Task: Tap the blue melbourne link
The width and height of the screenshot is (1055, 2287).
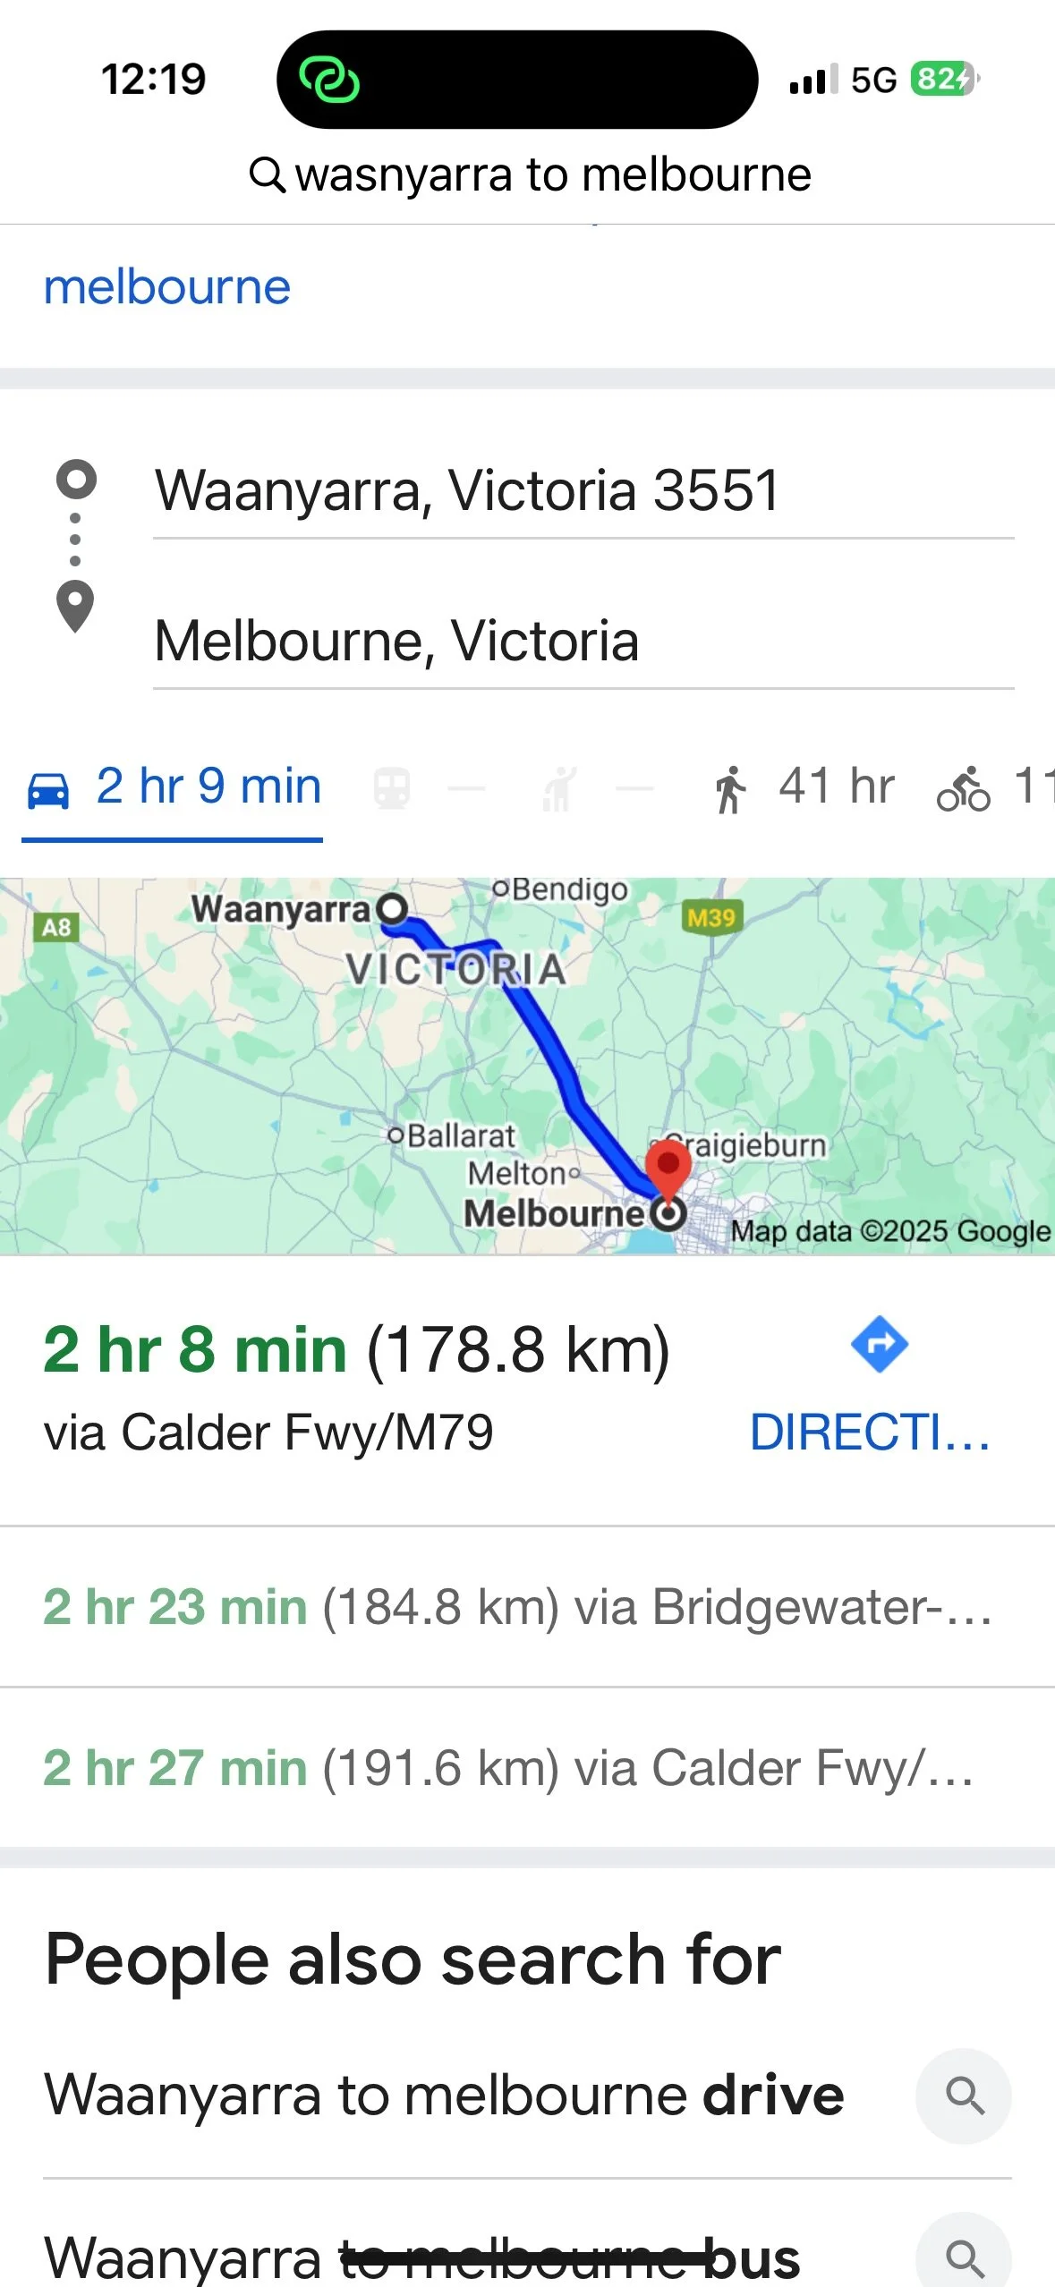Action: coord(167,287)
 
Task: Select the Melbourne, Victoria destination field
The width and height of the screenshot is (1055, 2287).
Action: coord(397,641)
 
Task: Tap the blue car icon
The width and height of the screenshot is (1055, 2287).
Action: coord(48,789)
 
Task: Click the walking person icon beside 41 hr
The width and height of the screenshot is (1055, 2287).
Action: coord(730,789)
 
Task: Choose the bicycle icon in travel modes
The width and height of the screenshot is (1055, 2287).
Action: coord(963,789)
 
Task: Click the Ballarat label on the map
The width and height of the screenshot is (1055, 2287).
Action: coord(461,1135)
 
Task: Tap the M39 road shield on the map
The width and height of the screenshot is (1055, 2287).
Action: coord(711,917)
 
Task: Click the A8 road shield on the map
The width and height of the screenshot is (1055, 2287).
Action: coord(56,927)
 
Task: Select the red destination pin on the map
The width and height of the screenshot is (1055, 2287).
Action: coord(668,1164)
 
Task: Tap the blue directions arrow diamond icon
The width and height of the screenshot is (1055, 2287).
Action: coord(880,1344)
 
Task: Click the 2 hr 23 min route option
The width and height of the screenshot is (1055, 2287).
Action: coord(517,1607)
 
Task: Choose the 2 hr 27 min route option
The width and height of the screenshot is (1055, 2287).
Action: coord(508,1768)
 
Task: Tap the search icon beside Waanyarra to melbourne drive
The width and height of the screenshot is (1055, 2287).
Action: coord(964,2096)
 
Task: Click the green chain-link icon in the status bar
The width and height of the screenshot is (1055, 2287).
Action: coord(329,80)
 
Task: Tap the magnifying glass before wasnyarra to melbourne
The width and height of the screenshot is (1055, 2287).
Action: coord(267,174)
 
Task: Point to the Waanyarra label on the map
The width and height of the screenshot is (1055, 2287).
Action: coord(281,909)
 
